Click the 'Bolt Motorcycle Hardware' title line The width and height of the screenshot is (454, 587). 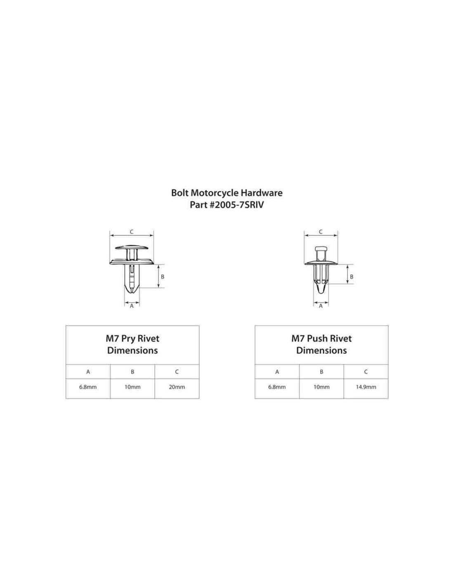pos(227,193)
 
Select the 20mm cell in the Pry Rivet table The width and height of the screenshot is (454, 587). pos(177,387)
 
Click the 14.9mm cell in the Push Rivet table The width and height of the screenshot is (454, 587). pos(366,387)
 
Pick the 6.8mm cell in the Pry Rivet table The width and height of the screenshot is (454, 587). pos(88,387)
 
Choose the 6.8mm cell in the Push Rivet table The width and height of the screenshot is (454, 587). pos(277,387)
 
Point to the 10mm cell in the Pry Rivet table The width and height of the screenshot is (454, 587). pos(132,387)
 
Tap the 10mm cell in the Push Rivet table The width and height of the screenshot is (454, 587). pos(322,387)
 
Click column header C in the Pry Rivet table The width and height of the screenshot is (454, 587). pos(177,372)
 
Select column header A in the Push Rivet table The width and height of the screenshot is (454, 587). pos(277,372)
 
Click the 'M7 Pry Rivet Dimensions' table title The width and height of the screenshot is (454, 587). pos(132,344)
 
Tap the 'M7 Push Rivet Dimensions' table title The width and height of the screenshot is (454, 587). pos(322,344)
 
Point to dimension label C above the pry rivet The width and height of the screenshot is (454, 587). pos(132,232)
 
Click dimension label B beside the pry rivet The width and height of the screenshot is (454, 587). pos(163,277)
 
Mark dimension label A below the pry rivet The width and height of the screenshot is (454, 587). pos(132,306)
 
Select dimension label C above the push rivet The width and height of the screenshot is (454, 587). pos(321,232)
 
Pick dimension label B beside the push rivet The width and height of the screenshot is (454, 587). pos(352,277)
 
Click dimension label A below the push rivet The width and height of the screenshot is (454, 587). pos(321,306)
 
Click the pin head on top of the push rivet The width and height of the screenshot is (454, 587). pos(321,249)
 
